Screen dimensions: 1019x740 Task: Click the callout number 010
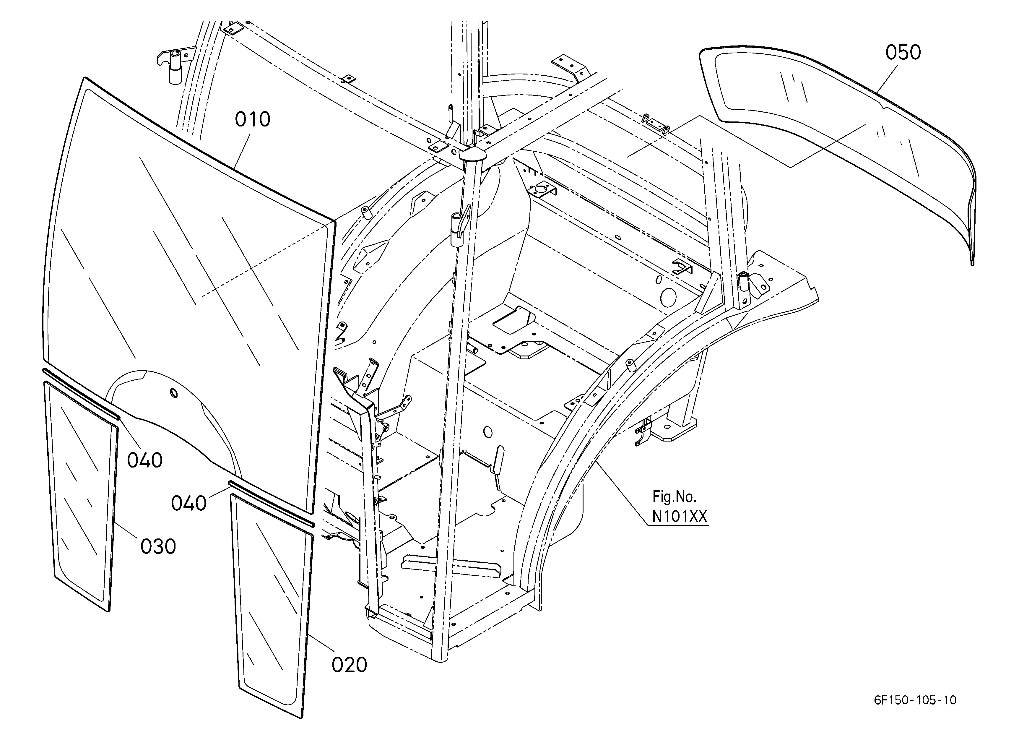(253, 119)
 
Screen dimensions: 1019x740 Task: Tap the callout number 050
(903, 53)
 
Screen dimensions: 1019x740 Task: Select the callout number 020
(350, 665)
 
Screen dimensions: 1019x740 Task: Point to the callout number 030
(158, 547)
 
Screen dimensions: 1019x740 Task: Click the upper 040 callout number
(145, 460)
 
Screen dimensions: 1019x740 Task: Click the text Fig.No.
(675, 497)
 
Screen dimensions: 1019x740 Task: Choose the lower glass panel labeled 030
(81, 494)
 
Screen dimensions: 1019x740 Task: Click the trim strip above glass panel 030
(81, 394)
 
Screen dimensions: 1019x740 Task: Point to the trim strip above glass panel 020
(272, 504)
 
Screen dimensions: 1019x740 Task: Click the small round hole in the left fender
(173, 394)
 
